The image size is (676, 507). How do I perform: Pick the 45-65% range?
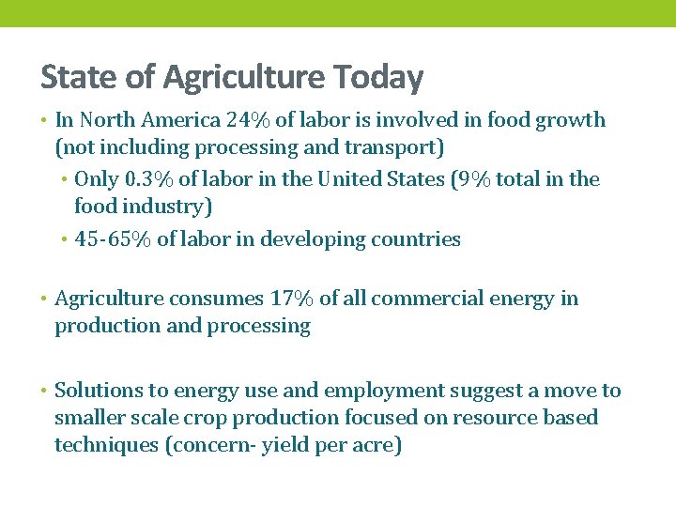[113, 239]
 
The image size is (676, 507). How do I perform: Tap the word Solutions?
[98, 391]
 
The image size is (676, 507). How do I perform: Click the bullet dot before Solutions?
[45, 391]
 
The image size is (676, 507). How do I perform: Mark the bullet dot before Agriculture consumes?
[45, 299]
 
